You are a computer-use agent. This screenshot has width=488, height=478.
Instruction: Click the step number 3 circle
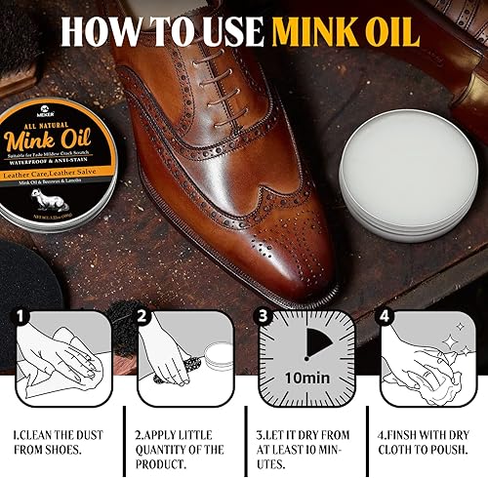point(262,318)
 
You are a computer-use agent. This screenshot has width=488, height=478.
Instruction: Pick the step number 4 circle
point(384,318)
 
